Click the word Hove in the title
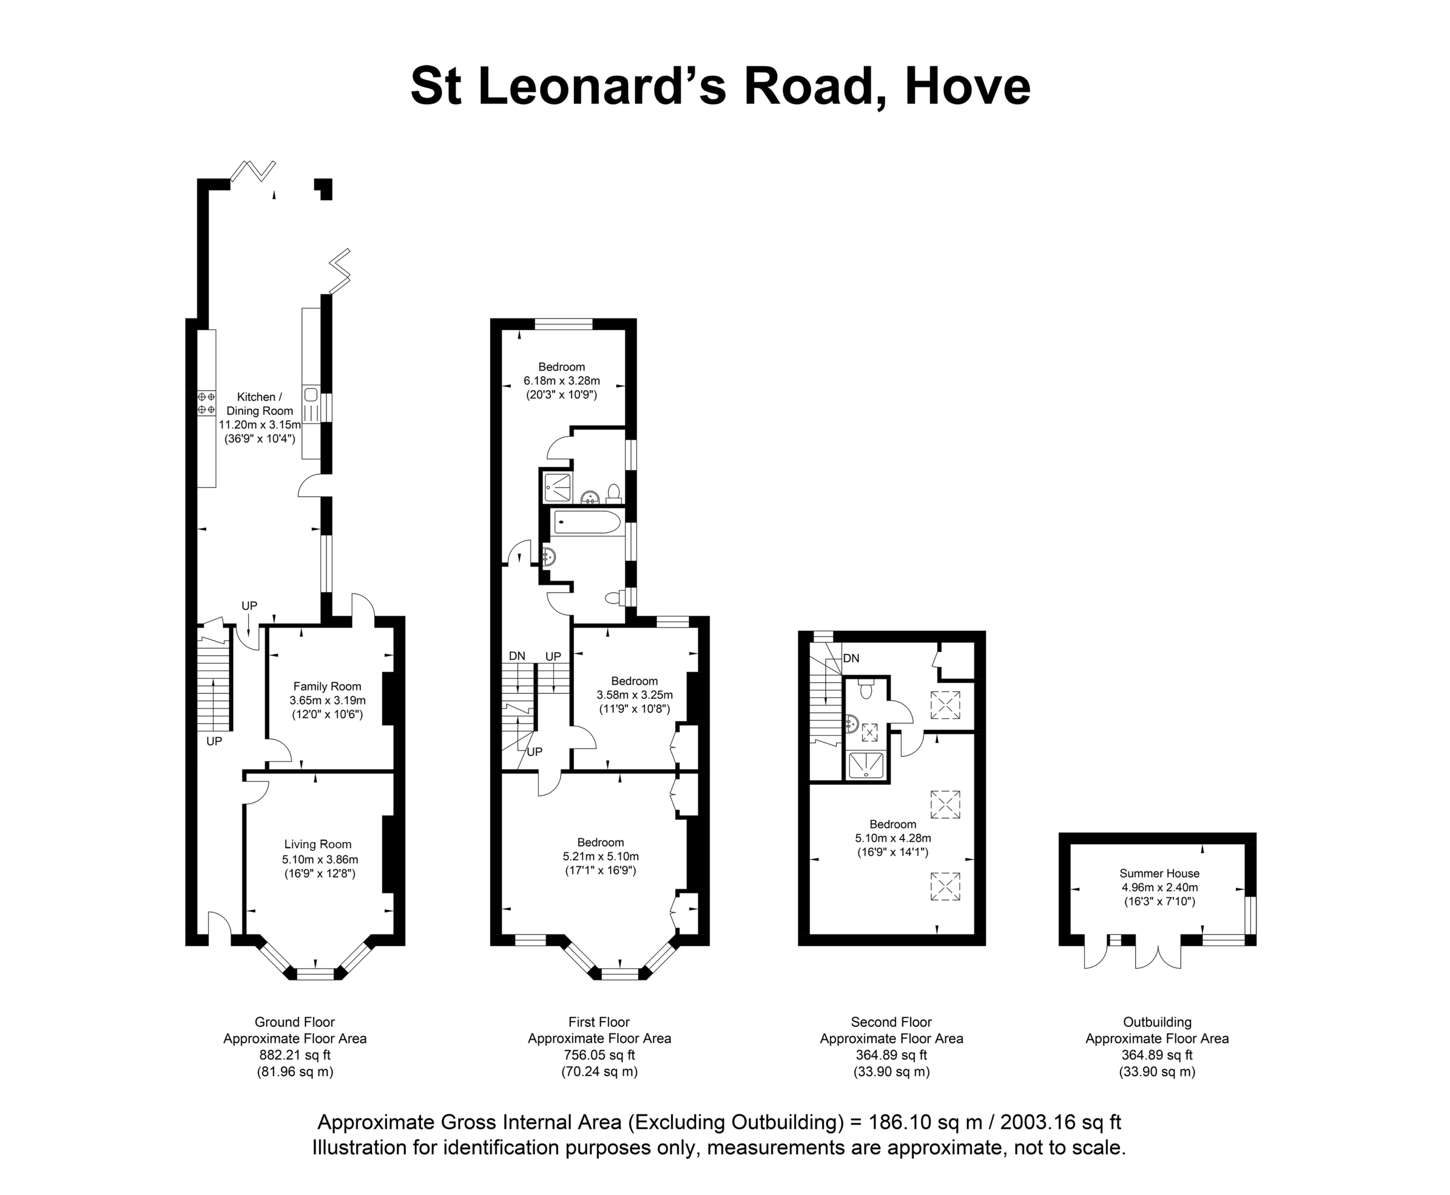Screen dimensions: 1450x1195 (x=967, y=86)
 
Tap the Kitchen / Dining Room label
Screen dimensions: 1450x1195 (x=259, y=403)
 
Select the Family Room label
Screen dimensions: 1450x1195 (x=327, y=686)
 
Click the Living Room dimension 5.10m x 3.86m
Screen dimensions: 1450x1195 (x=319, y=859)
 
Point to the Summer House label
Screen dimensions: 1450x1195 (x=1159, y=873)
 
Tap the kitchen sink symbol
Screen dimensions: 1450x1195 (x=310, y=395)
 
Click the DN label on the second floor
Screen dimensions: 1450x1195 (x=851, y=658)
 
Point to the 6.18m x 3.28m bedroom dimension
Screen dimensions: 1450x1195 (x=562, y=381)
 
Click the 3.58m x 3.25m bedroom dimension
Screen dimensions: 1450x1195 (x=635, y=694)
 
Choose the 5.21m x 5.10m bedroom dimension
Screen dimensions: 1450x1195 (x=600, y=856)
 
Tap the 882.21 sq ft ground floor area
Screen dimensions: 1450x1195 (x=295, y=1055)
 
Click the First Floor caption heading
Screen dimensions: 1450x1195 (x=599, y=1022)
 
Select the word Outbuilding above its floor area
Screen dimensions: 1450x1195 (x=1157, y=1022)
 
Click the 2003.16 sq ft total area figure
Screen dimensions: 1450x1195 (x=1061, y=1123)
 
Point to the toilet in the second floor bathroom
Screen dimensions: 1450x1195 (x=866, y=688)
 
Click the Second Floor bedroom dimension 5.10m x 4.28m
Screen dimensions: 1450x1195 (x=893, y=838)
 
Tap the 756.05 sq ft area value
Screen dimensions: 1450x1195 (x=599, y=1055)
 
